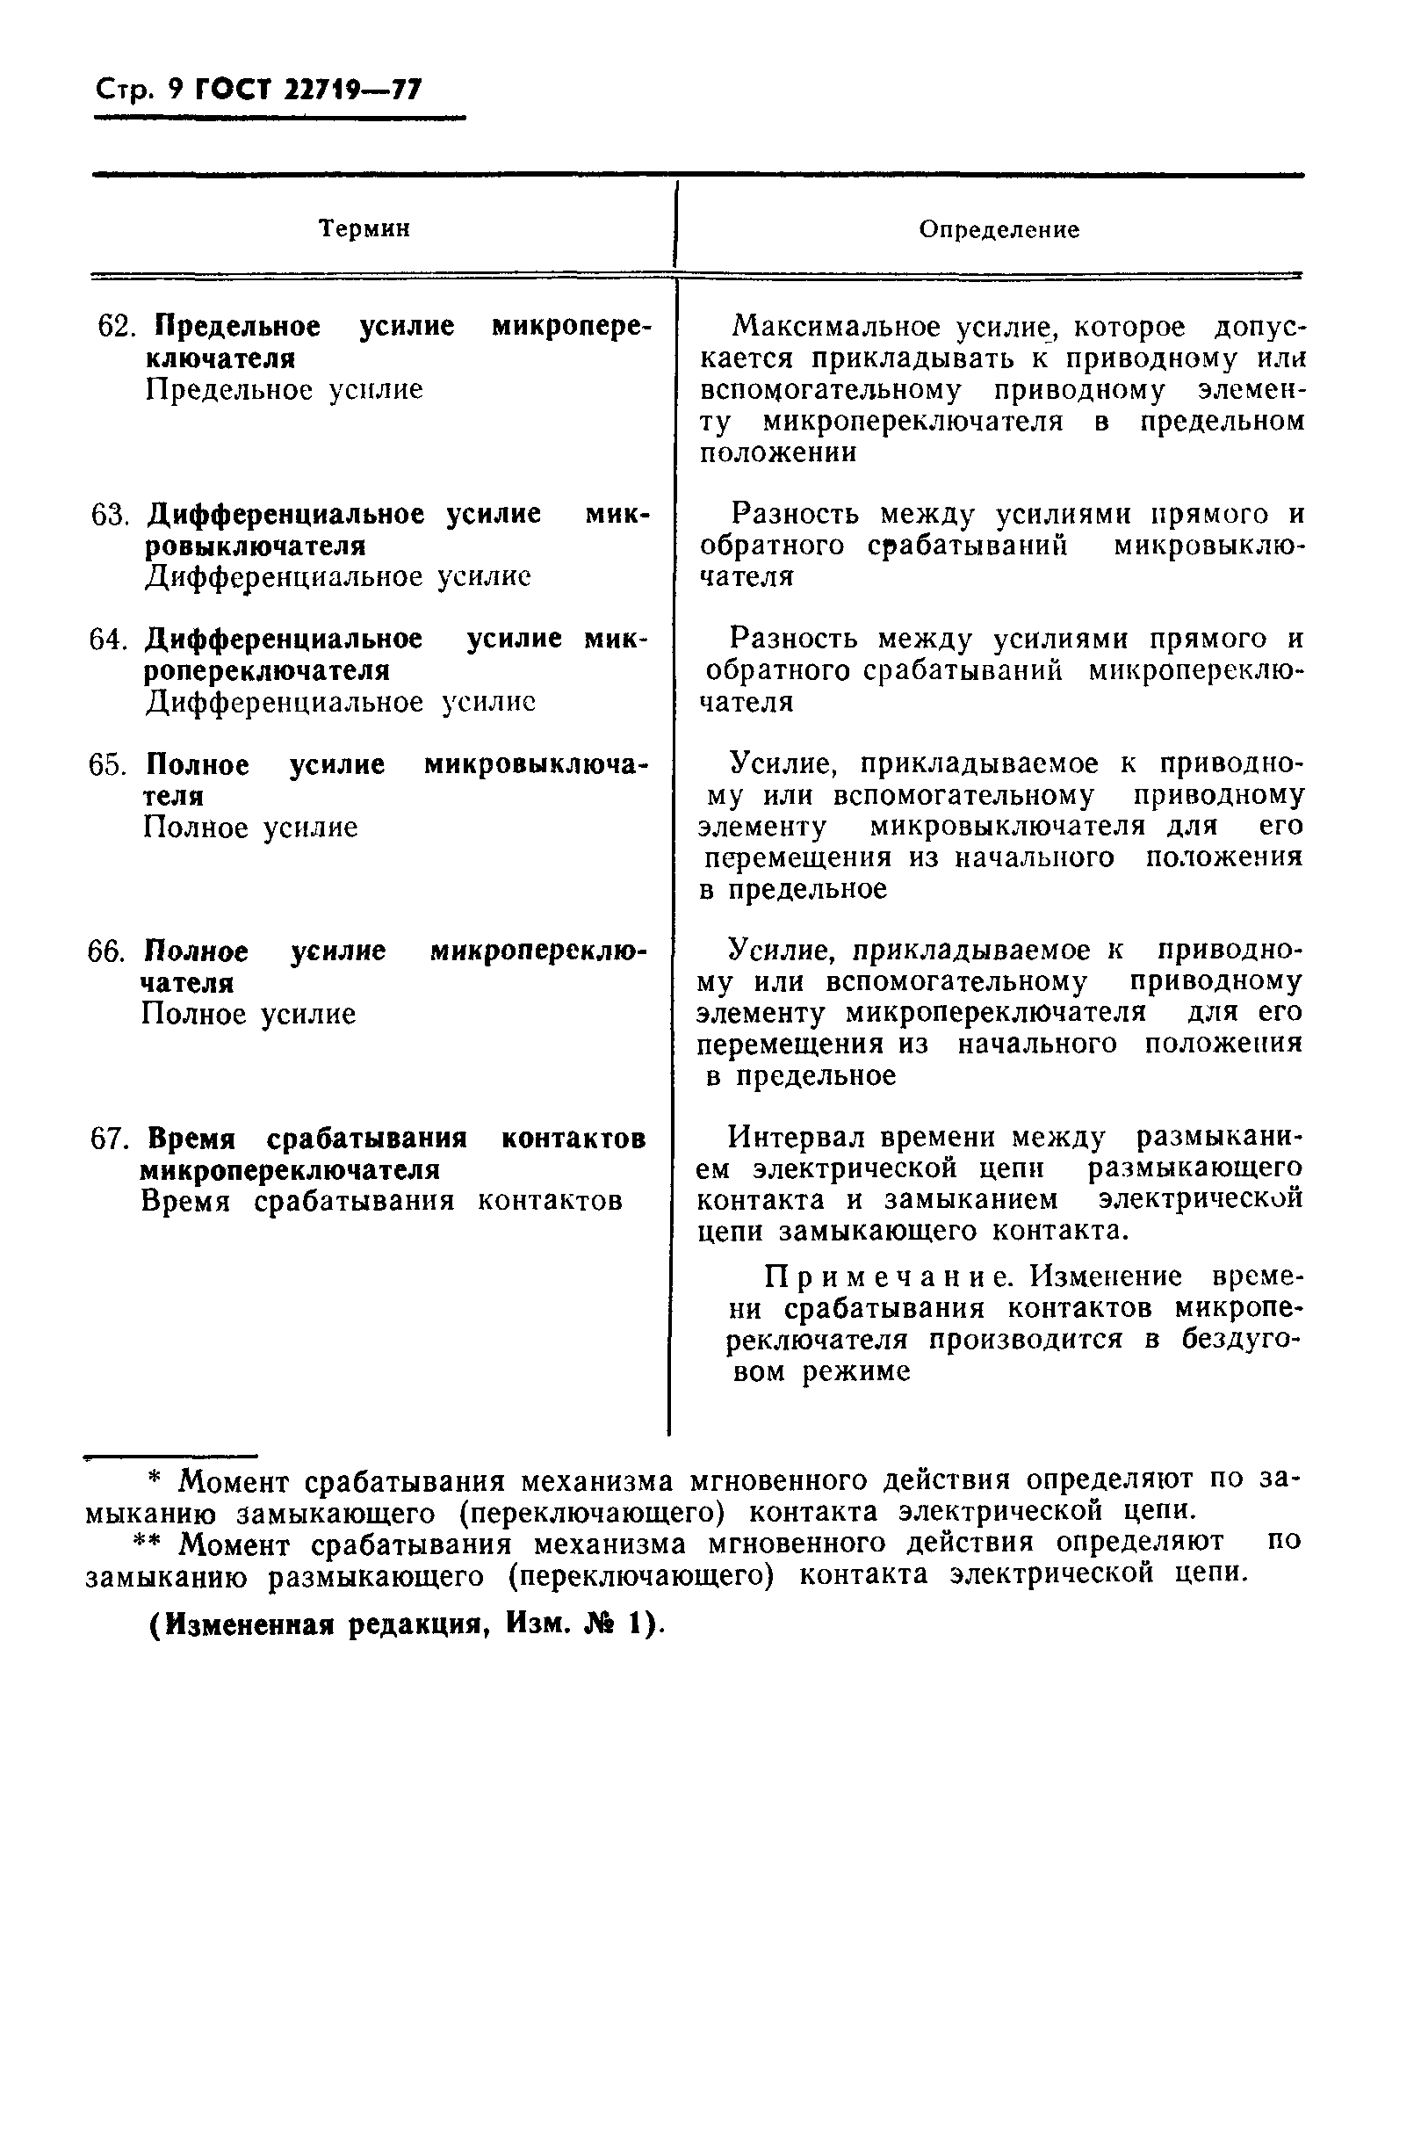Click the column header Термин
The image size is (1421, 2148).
click(x=364, y=228)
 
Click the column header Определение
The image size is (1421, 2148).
click(x=999, y=229)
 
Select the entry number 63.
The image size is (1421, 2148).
click(x=111, y=514)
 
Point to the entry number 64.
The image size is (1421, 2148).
click(x=109, y=639)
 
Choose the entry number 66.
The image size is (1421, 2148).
click(x=107, y=951)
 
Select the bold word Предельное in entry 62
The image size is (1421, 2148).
click(x=237, y=325)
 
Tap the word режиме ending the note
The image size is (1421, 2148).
click(x=856, y=1371)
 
